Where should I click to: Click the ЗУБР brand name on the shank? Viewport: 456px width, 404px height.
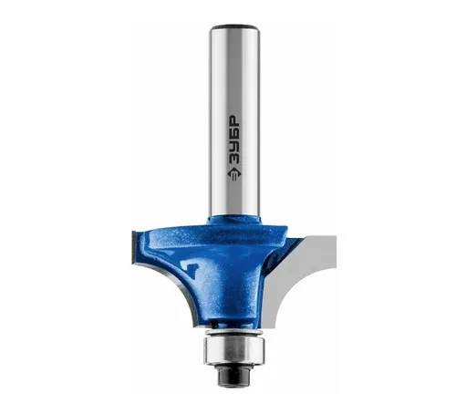click(x=234, y=140)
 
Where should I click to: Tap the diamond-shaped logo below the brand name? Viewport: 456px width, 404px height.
click(x=234, y=174)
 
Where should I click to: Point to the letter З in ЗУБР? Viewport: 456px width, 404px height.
click(x=234, y=160)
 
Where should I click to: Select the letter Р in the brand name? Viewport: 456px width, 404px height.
click(x=234, y=120)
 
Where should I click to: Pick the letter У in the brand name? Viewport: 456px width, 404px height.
click(x=234, y=147)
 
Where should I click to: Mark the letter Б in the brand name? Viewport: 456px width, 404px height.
click(x=234, y=133)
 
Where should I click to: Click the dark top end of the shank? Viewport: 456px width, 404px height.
click(x=234, y=26)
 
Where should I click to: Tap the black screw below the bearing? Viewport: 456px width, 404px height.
click(x=234, y=375)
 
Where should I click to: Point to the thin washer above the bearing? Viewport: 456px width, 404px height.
click(x=234, y=332)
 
